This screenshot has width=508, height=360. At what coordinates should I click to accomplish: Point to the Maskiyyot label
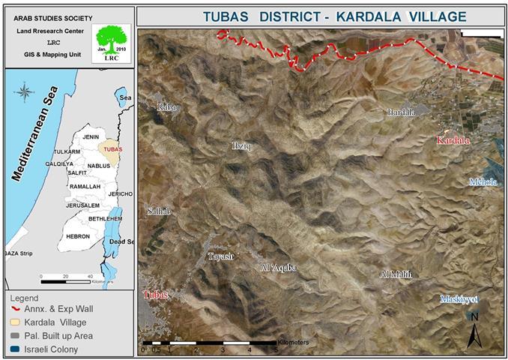[x=459, y=299]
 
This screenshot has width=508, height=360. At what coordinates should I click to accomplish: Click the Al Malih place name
[x=396, y=274]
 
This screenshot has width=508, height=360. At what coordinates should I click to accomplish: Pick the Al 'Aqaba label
[x=279, y=267]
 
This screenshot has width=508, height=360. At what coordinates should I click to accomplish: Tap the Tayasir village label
[x=221, y=256]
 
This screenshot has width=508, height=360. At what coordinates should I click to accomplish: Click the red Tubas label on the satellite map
[x=156, y=295]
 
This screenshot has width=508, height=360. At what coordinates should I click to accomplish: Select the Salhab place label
[x=160, y=211]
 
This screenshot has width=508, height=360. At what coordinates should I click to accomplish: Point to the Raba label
[x=166, y=107]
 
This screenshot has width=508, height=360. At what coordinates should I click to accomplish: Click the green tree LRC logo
[x=109, y=42]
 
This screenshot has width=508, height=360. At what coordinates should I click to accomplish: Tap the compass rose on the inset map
[x=24, y=94]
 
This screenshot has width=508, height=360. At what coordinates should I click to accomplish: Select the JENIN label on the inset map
[x=91, y=137]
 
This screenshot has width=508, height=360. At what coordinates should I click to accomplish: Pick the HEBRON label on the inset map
[x=78, y=236]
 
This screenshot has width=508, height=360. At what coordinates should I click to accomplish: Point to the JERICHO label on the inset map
[x=120, y=194]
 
